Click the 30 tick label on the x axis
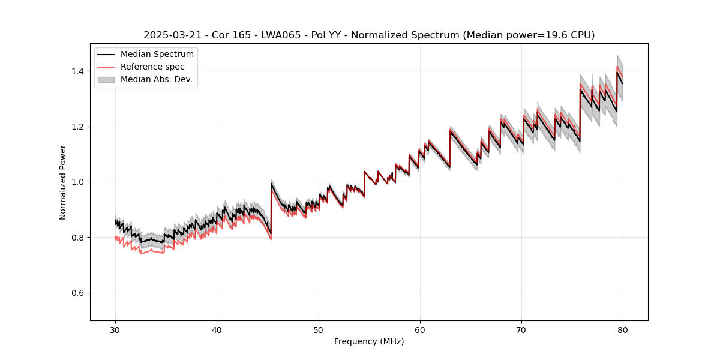coord(115,330)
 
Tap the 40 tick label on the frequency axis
coord(217,330)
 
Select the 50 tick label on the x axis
coord(318,330)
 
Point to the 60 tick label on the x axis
coord(420,330)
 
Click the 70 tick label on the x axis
coord(521,330)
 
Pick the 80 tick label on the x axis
coord(623,330)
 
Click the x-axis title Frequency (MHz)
coord(369,341)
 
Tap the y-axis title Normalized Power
coord(63,182)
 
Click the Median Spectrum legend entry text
coord(157,55)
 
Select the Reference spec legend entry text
coord(152,67)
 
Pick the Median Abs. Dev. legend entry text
coord(157,79)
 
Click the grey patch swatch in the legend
coord(107,79)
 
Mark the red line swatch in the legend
coord(107,67)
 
